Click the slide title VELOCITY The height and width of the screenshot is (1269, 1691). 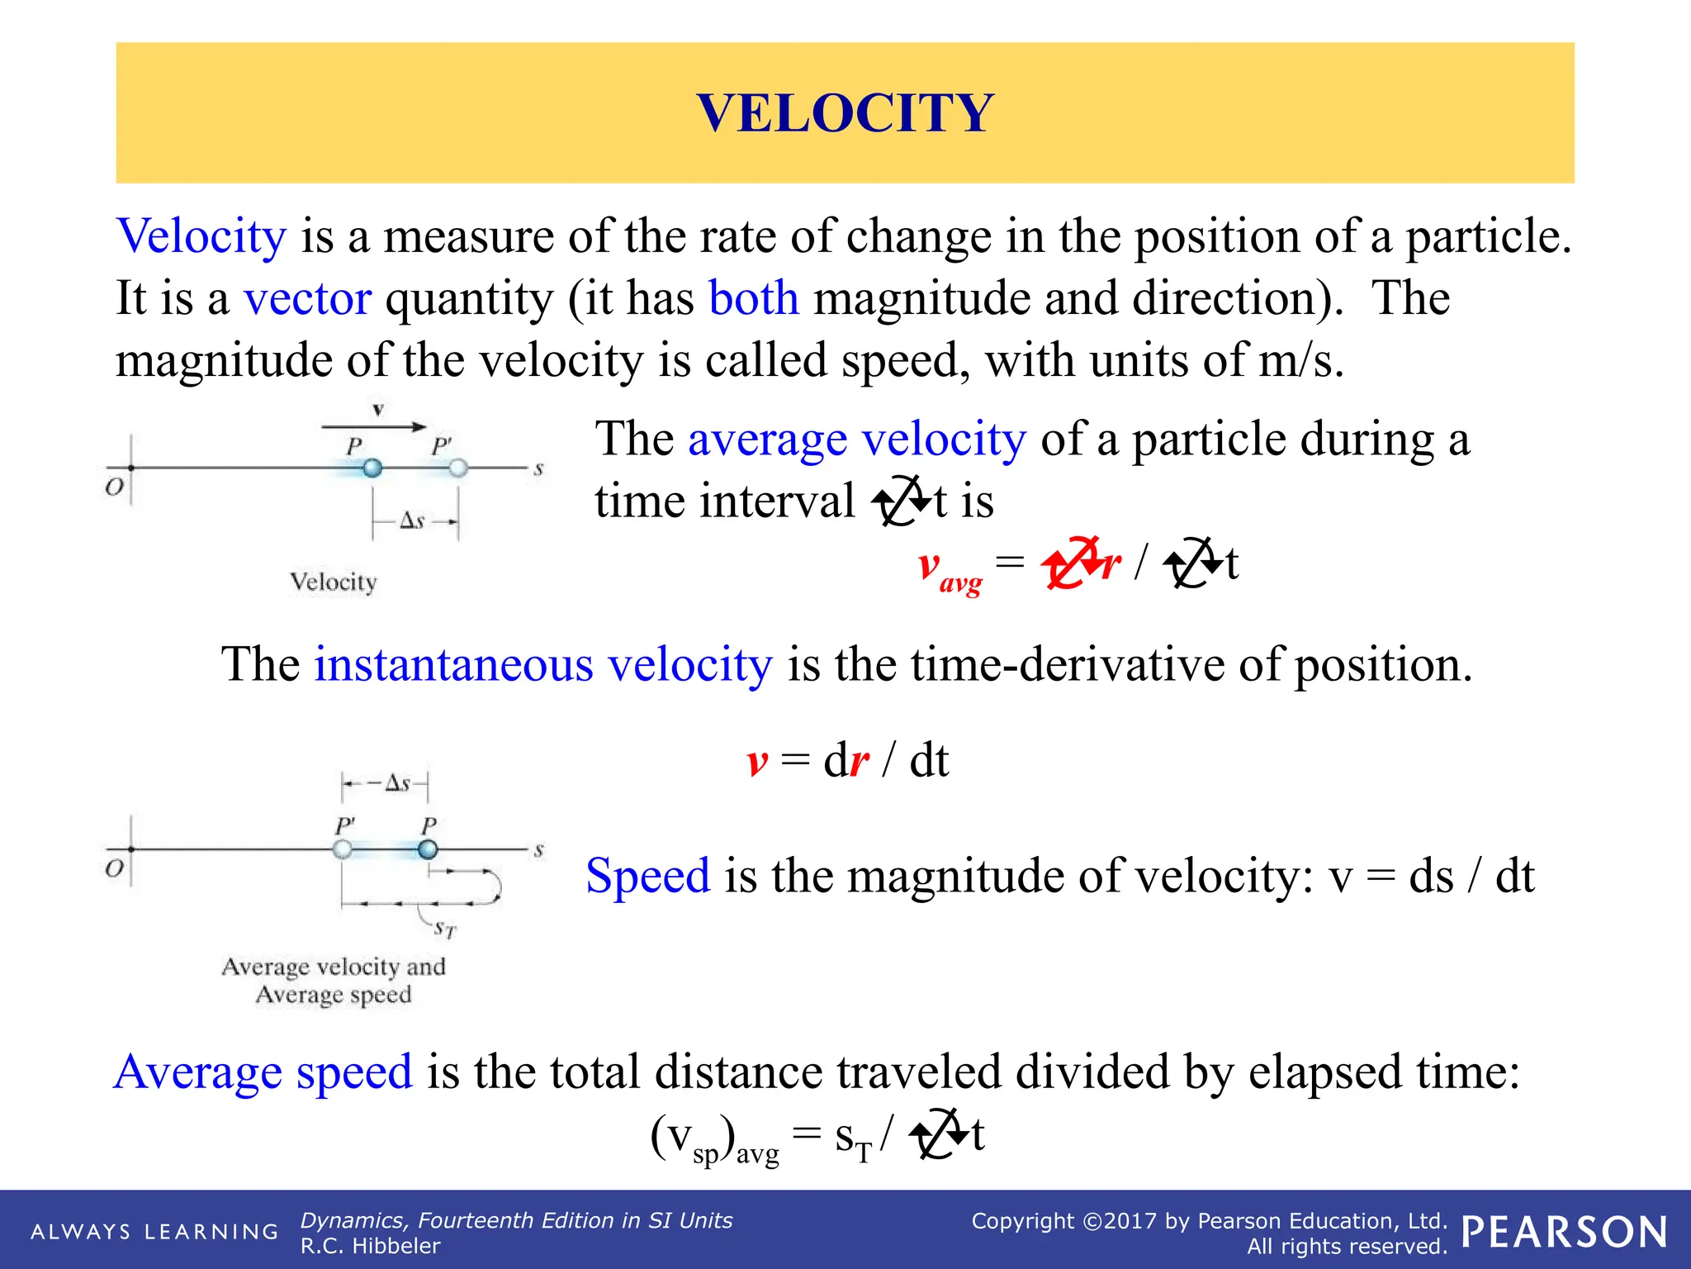tap(845, 113)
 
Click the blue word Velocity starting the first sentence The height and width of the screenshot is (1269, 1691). tap(201, 236)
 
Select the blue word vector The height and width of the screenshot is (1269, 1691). tap(307, 298)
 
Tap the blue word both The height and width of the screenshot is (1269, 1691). tap(753, 298)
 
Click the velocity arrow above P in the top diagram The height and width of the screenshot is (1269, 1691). tap(373, 426)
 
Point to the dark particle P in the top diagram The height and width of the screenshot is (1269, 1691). tap(372, 468)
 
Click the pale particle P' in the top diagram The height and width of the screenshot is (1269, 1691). tap(458, 468)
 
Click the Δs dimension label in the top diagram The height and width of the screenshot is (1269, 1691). tap(412, 520)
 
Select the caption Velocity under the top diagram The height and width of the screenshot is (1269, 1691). tap(333, 582)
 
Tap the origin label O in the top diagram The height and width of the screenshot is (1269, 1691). tap(114, 487)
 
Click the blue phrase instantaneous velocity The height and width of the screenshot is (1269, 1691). tap(542, 664)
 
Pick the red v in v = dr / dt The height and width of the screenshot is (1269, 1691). tap(757, 762)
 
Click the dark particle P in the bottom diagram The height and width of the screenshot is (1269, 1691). tap(428, 849)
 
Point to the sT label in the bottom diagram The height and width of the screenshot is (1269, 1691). tap(445, 929)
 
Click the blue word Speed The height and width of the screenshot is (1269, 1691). tap(647, 876)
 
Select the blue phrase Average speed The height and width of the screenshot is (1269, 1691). tap(263, 1072)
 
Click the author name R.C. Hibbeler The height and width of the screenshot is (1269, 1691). tap(370, 1246)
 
